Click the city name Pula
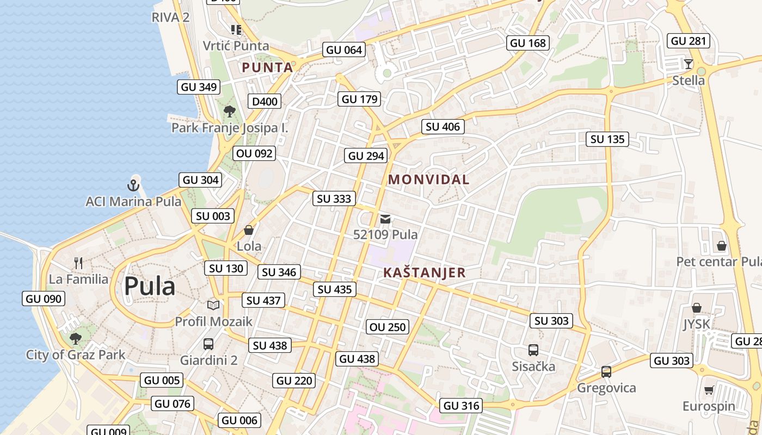click(150, 286)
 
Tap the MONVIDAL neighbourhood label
click(428, 179)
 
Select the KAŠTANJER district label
click(425, 272)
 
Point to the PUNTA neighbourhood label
click(267, 67)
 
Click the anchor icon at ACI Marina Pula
click(133, 185)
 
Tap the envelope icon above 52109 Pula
click(385, 219)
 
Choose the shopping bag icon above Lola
click(249, 230)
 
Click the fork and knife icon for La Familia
click(78, 264)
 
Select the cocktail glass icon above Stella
click(689, 64)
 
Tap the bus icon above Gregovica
click(606, 372)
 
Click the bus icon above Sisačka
click(533, 350)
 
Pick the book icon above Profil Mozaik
click(213, 306)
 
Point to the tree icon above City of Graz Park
click(76, 339)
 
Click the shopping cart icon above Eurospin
click(709, 390)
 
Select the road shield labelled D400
click(265, 101)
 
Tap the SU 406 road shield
click(443, 127)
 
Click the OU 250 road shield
click(388, 327)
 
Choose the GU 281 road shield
click(689, 41)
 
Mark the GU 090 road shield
click(44, 299)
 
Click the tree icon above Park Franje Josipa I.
click(230, 112)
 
